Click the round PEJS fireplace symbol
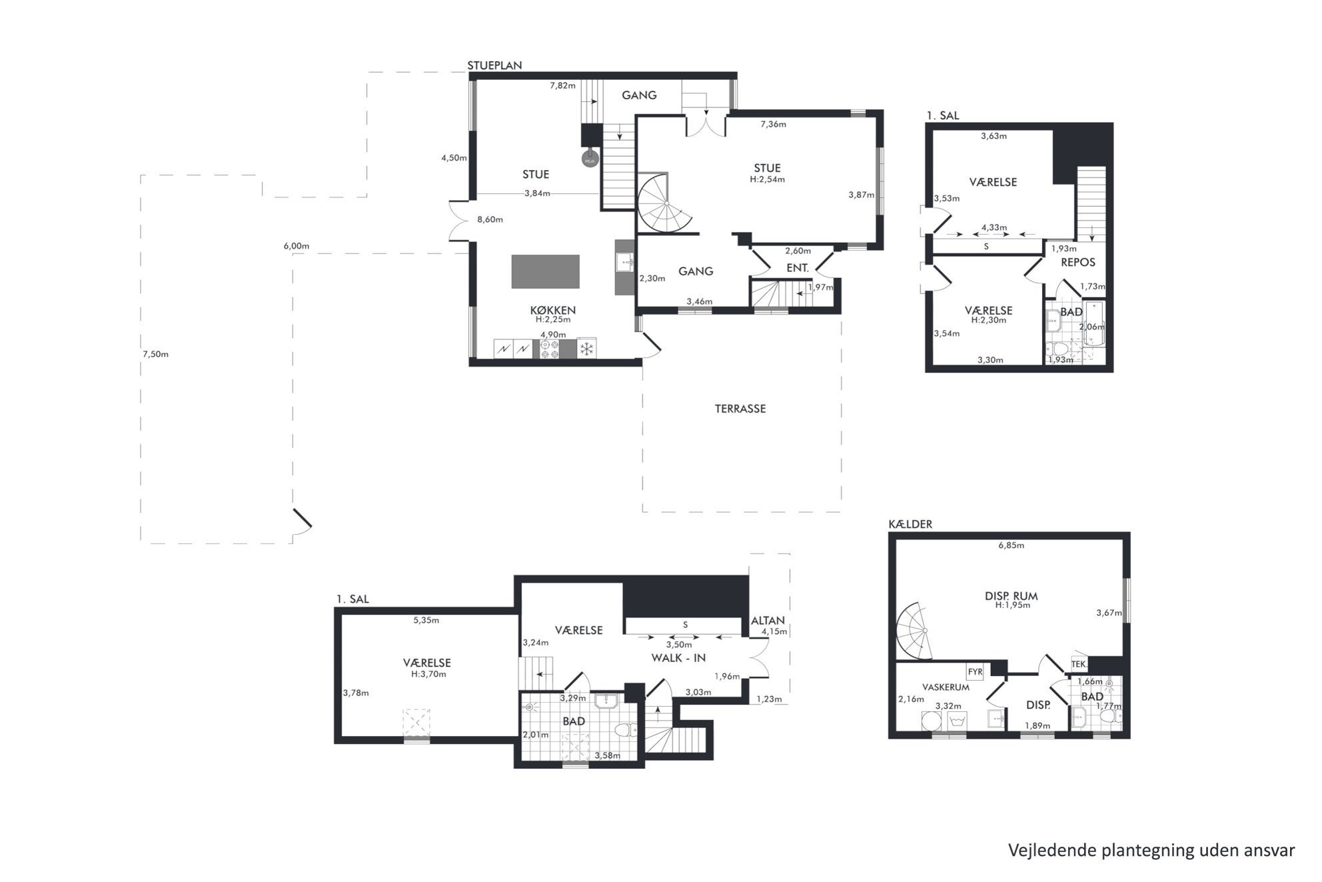590,160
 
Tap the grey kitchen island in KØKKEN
545,271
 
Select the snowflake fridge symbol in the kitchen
586,349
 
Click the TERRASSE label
740,409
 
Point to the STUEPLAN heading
494,65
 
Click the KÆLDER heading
910,525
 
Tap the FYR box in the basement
975,671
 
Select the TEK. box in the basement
1079,665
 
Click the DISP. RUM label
1011,596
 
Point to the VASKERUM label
946,687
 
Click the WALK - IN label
678,658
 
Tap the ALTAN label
768,621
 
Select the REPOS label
1078,263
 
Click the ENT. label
798,268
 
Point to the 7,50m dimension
155,354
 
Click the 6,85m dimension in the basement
1011,545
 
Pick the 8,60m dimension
490,219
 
